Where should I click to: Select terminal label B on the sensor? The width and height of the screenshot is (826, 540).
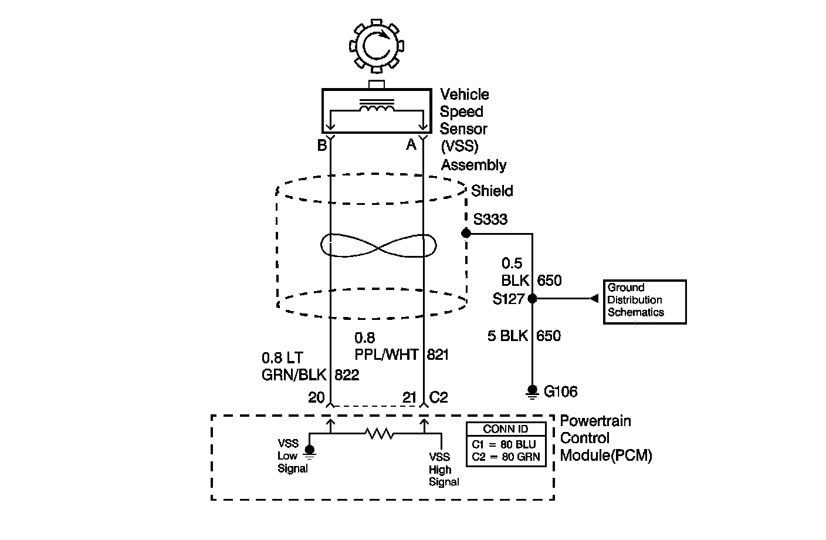[321, 145]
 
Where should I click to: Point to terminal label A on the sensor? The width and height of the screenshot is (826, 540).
[411, 144]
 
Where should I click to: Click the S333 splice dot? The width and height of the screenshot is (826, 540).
[466, 234]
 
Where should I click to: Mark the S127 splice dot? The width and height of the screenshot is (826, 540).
[532, 299]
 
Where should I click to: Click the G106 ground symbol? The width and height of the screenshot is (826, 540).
[532, 392]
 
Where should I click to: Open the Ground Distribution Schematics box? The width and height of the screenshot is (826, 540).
[645, 302]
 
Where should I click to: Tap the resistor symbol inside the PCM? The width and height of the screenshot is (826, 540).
[379, 434]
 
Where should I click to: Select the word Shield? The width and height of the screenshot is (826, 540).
[492, 191]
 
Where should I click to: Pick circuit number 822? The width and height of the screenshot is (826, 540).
[346, 375]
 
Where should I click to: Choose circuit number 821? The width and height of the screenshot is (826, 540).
[438, 355]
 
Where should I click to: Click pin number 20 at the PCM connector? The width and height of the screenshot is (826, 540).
[316, 397]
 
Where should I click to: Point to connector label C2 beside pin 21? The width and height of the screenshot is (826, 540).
[439, 397]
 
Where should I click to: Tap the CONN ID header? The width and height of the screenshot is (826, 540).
[506, 429]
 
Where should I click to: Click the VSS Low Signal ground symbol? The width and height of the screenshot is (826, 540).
[310, 451]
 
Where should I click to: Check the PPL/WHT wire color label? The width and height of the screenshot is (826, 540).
[386, 355]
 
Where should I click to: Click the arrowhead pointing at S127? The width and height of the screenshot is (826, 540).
[594, 299]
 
